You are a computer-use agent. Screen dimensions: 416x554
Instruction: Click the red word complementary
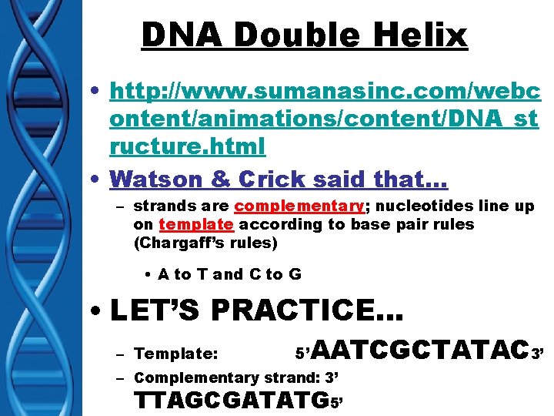(299, 206)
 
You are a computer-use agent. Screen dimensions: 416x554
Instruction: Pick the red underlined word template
(195, 224)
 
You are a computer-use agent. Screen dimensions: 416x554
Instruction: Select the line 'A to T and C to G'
(229, 274)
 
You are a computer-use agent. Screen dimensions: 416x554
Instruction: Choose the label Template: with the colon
(176, 354)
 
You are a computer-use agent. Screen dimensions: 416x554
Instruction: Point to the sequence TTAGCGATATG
(231, 401)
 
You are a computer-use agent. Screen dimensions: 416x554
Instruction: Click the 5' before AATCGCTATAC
(302, 354)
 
